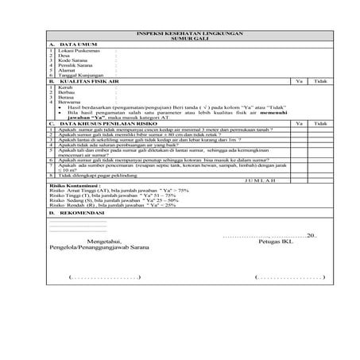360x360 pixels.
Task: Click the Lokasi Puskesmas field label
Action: pyautogui.click(x=76, y=51)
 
